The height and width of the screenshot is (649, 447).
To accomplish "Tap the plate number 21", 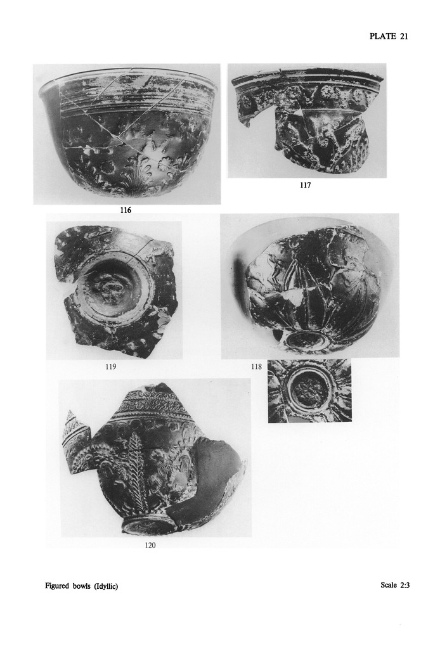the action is [404, 36].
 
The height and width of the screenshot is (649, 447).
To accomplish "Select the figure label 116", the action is [126, 210].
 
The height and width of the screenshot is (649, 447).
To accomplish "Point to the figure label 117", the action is [305, 185].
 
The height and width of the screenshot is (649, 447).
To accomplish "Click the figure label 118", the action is [256, 366].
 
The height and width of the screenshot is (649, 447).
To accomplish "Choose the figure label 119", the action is [110, 366].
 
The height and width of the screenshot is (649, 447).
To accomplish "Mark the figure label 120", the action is [150, 546].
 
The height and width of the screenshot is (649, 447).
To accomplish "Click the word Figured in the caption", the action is [56, 586].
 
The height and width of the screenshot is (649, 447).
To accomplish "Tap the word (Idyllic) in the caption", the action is [105, 586].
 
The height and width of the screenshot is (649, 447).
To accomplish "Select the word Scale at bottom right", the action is [389, 585].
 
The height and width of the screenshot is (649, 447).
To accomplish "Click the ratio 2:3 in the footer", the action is [405, 585].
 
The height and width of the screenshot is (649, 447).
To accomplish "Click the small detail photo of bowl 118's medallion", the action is [309, 390].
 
